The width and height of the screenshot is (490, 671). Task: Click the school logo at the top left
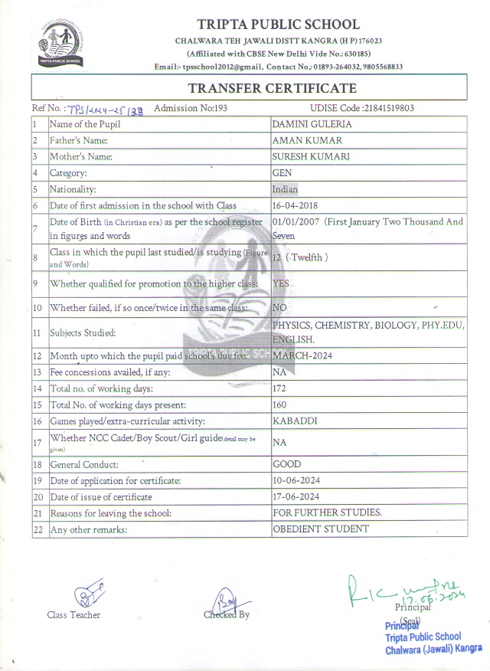(62, 44)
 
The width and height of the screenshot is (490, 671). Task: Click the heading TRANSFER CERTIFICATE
(272, 88)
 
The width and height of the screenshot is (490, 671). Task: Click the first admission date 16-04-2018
(296, 206)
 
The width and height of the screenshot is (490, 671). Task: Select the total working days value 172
(279, 388)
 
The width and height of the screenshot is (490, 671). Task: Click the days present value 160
(279, 404)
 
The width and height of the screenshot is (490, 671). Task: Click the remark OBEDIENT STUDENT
(321, 529)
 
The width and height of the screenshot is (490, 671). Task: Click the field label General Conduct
(84, 464)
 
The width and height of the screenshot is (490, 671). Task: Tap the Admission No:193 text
(191, 108)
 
